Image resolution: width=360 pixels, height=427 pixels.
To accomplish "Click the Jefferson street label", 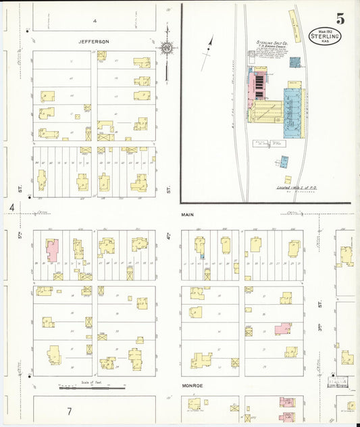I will point(94,42).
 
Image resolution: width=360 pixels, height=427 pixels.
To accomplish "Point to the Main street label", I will point(188,215).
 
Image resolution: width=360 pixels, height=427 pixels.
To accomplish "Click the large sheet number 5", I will point(340,19).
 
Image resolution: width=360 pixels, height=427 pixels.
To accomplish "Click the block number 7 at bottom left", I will point(69,411).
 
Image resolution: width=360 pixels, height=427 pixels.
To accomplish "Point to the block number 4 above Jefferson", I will point(95,21).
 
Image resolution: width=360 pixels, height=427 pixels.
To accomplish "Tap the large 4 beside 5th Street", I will point(12,208).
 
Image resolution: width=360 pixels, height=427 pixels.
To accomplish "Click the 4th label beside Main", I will point(167,238).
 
